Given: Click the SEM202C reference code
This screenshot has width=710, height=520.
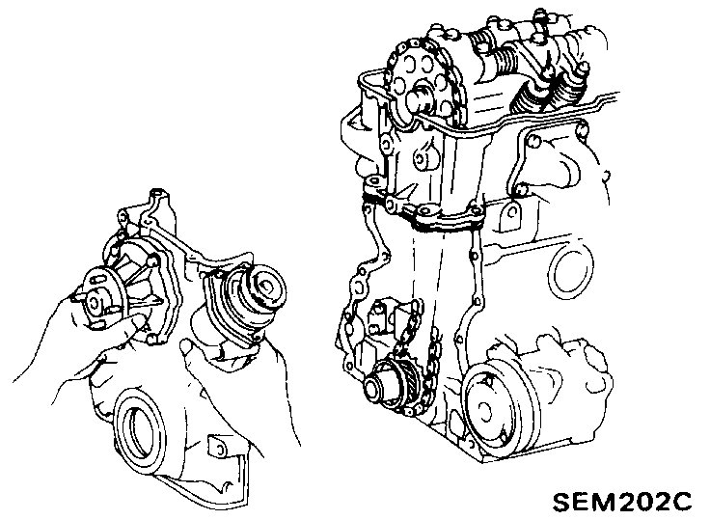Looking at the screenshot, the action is pos(622,501).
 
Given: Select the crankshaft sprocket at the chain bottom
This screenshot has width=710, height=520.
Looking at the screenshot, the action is pos(392,386).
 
